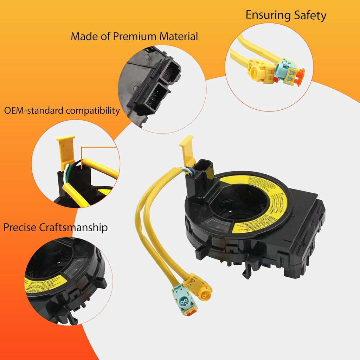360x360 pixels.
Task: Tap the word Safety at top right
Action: tap(309, 15)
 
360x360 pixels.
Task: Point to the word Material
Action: tap(180, 36)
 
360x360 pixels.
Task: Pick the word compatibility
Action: tap(93, 111)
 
